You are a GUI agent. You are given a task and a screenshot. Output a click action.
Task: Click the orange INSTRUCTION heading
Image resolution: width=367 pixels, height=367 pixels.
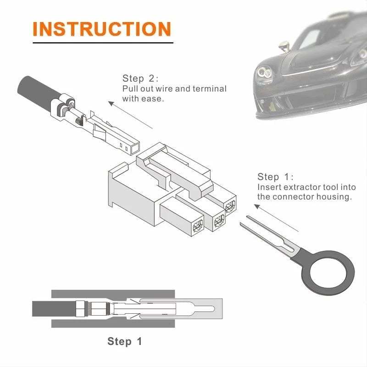[101, 28]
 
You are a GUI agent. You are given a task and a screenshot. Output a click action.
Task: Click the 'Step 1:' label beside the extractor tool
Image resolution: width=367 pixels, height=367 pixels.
[275, 177]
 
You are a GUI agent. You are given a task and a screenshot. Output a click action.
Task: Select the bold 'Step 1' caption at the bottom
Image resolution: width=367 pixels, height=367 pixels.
[125, 341]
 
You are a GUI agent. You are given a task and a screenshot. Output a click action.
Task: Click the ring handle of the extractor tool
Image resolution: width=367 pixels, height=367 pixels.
[330, 268]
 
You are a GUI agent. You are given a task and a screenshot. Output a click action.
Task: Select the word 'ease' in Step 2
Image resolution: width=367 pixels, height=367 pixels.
[152, 99]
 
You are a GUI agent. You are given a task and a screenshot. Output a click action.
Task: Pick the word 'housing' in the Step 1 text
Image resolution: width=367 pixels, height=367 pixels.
[335, 197]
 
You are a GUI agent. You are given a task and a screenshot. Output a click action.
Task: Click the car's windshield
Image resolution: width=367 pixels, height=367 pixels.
[317, 37]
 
